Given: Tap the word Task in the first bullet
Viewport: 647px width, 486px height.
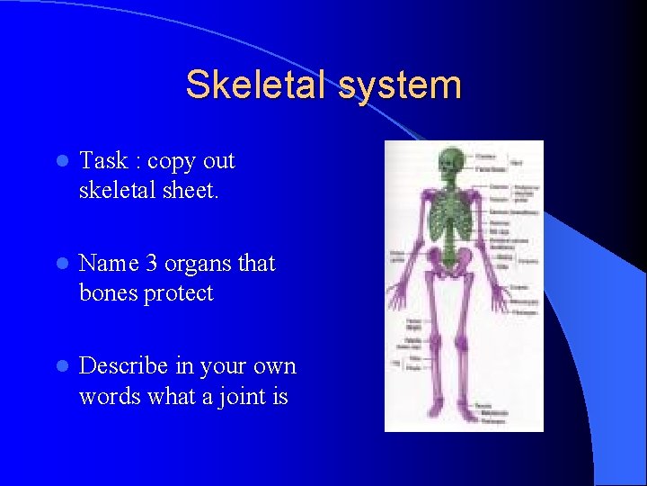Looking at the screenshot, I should pyautogui.click(x=103, y=161).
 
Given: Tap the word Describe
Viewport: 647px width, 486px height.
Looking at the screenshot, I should pyautogui.click(x=124, y=366).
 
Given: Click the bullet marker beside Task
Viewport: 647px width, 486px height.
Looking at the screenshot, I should pyautogui.click(x=60, y=162).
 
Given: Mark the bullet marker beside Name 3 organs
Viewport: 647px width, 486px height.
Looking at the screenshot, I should pyautogui.click(x=60, y=265).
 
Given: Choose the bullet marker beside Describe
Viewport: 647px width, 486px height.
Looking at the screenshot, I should pyautogui.click(x=60, y=367).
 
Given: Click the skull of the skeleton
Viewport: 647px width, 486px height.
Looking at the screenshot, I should pyautogui.click(x=448, y=163).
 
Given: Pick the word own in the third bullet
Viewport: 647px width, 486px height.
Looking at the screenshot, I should pyautogui.click(x=277, y=366).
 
